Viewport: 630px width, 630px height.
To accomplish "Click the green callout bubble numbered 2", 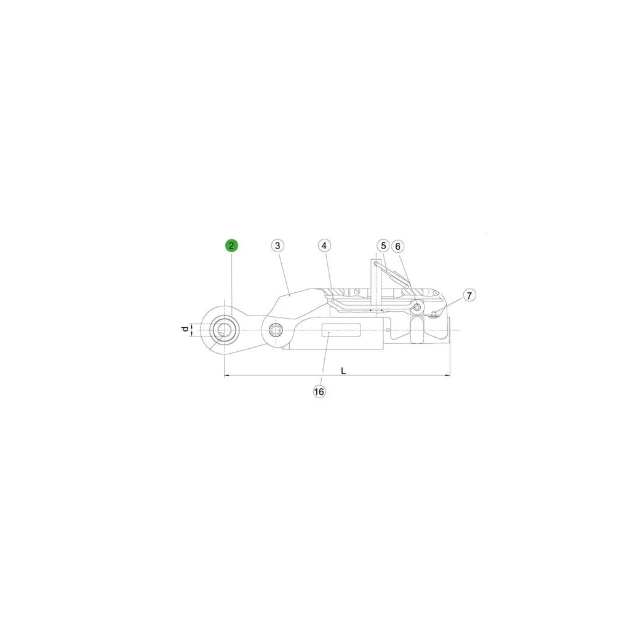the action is [231, 245].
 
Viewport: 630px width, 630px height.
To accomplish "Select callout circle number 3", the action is [277, 245].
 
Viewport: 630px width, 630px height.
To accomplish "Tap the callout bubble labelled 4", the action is [324, 245].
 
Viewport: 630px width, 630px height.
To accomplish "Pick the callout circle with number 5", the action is [383, 245].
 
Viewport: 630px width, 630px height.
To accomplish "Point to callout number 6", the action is [398, 246].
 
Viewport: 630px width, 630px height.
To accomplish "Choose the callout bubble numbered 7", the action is [469, 295].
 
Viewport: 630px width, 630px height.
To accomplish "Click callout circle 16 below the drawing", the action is [319, 391].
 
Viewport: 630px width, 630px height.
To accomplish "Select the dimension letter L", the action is [343, 371].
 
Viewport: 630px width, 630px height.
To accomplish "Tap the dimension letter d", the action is [185, 329].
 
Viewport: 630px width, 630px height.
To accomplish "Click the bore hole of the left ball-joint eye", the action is [224, 330].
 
